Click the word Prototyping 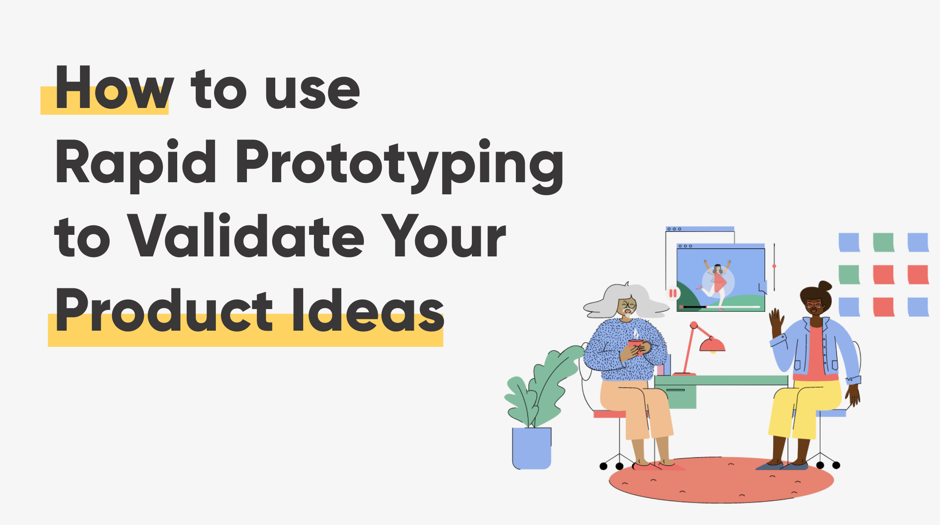tap(399, 164)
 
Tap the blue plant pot tap(532, 448)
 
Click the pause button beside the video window tap(673, 293)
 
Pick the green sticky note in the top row tap(883, 242)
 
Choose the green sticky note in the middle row tap(849, 274)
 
